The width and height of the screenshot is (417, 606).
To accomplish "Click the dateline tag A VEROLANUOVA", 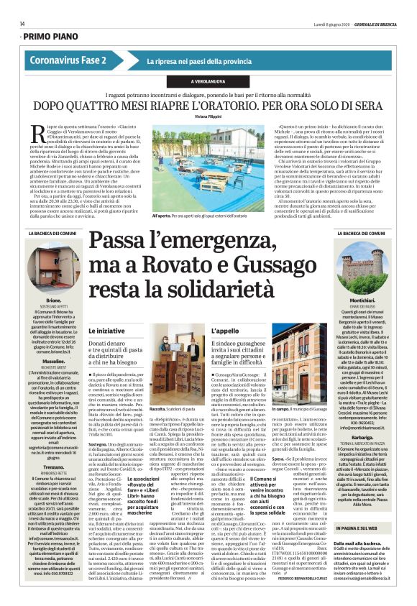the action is tap(208, 81).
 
